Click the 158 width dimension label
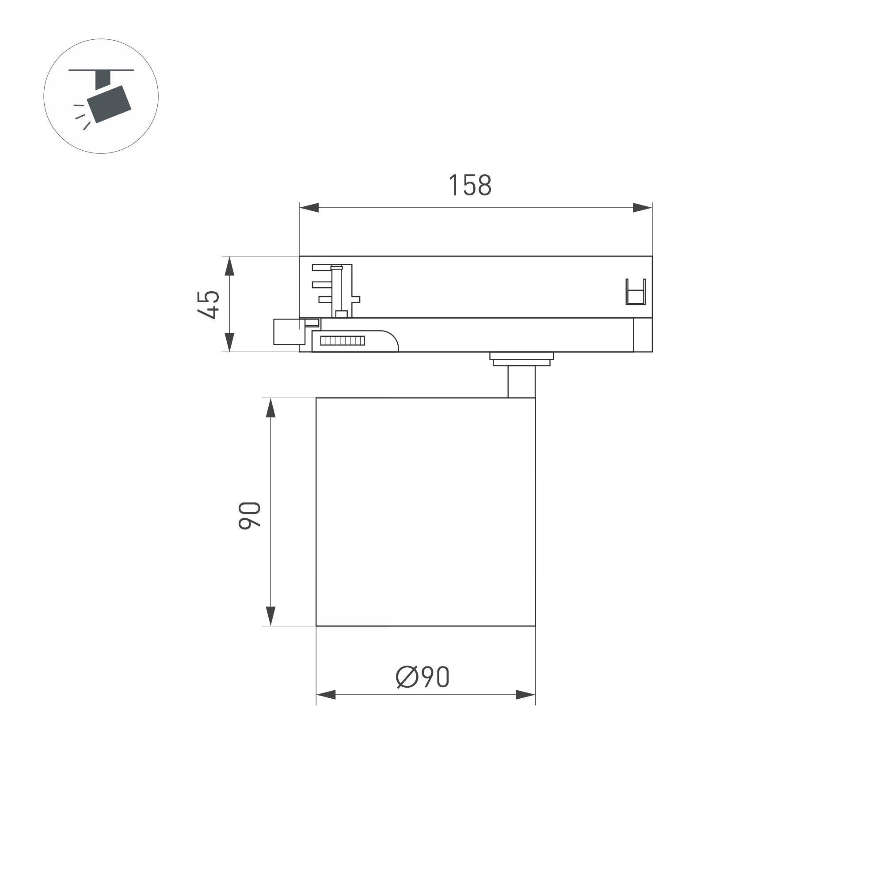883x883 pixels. click(x=470, y=185)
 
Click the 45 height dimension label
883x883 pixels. click(x=209, y=304)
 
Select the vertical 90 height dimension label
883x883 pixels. click(x=250, y=516)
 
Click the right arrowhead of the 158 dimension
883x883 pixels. click(x=642, y=208)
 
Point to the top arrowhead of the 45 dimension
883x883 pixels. click(x=229, y=266)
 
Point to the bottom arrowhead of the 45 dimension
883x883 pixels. click(x=229, y=343)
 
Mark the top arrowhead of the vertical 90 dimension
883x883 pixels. click(x=270, y=408)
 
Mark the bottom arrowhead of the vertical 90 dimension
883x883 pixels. click(x=270, y=616)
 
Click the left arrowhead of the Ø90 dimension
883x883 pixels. click(x=326, y=695)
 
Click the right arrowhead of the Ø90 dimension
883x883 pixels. click(x=525, y=695)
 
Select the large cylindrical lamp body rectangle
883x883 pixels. click(x=426, y=511)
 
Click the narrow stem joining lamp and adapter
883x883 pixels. click(x=521, y=382)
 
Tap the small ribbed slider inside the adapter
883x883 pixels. click(x=343, y=340)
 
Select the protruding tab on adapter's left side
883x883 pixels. click(x=289, y=332)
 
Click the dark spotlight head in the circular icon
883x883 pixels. click(x=109, y=104)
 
